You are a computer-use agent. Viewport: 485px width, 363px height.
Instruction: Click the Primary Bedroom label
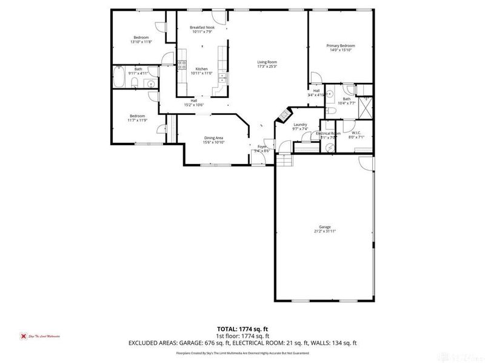pos(340,46)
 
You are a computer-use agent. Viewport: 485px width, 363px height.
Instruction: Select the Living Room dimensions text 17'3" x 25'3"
pos(267,67)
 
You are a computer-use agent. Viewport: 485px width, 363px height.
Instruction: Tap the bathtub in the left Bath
pos(119,77)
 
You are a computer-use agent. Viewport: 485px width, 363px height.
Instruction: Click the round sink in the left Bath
pos(151,83)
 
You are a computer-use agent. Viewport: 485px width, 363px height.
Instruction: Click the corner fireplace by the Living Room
pos(281,115)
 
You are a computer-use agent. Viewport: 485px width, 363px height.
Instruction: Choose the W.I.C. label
pos(356,132)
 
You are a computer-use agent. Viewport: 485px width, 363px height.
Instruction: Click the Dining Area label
pos(213,138)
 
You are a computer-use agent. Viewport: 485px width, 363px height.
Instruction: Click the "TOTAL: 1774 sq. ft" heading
pos(242,330)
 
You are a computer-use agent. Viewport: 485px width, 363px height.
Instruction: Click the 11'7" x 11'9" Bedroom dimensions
pos(138,120)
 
